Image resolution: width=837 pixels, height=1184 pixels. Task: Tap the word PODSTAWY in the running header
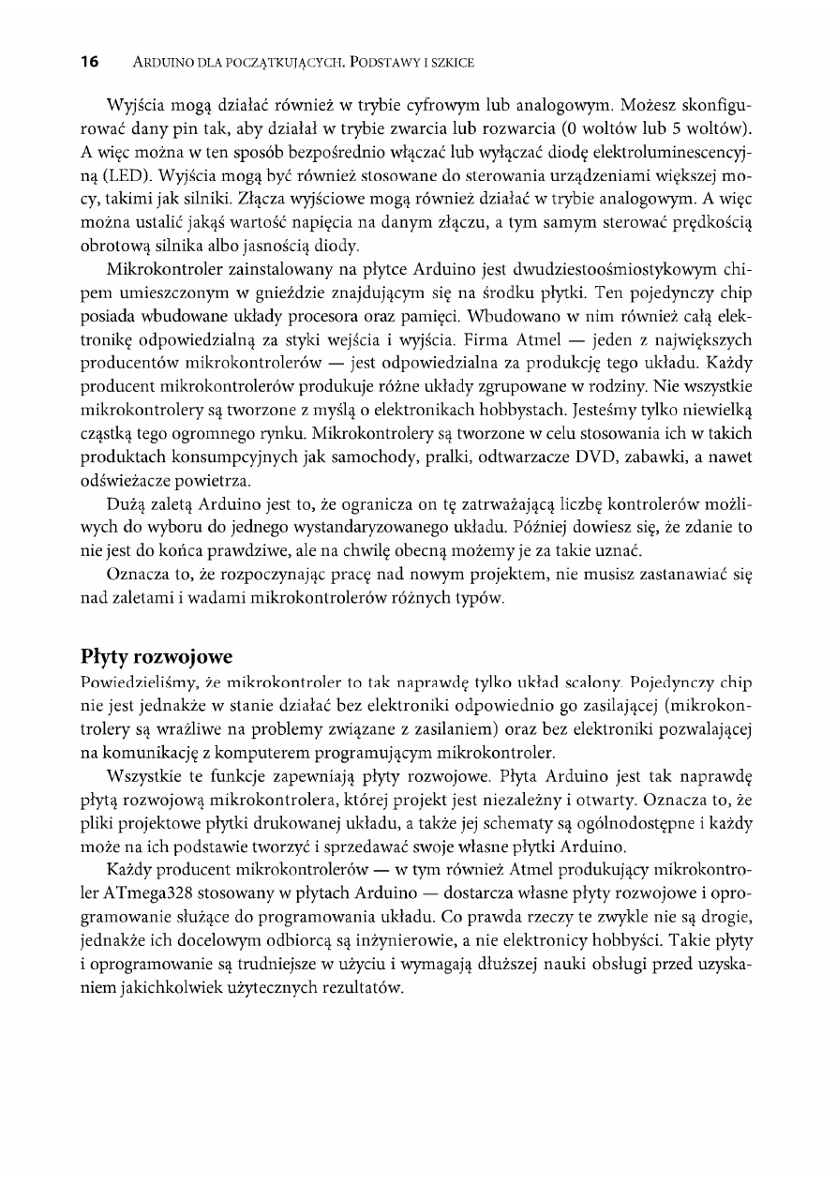click(x=383, y=64)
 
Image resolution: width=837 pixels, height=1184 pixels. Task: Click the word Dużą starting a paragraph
click(x=128, y=506)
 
